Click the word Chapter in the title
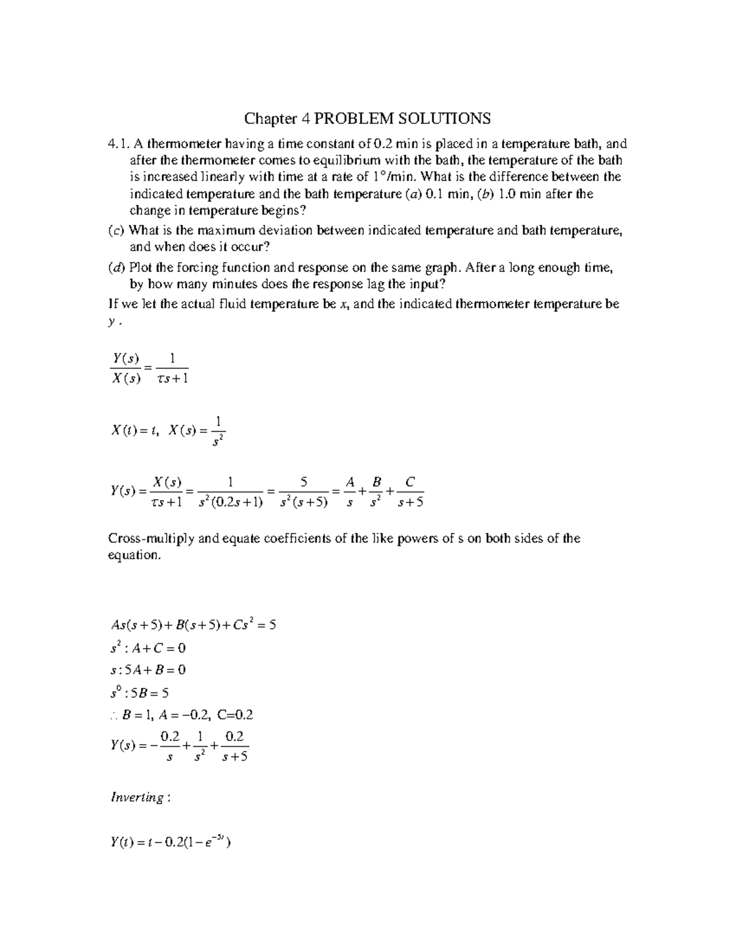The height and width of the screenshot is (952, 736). coord(267,118)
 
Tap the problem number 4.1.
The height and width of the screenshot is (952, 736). coord(118,144)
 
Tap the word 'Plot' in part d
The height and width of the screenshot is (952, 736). coord(142,267)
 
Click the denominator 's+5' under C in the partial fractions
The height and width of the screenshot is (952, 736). coord(410,503)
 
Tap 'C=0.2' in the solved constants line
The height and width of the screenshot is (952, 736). coord(236,715)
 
